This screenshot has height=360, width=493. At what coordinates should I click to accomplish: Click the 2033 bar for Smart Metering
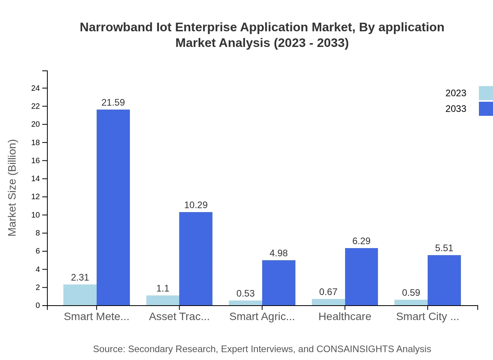tap(113, 207)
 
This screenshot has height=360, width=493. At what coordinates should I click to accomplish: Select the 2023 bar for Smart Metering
tap(80, 295)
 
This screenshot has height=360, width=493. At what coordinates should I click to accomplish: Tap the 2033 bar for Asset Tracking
tap(196, 259)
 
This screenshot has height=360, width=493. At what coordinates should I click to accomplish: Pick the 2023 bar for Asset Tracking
tap(163, 301)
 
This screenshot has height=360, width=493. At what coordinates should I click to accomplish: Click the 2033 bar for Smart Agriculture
tap(279, 283)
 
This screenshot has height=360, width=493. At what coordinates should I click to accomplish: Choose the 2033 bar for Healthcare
tap(361, 277)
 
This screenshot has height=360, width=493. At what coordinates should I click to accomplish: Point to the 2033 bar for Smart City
tap(444, 280)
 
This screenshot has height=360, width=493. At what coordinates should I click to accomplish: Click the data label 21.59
tap(113, 103)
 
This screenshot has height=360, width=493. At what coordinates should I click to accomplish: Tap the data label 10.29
tap(196, 205)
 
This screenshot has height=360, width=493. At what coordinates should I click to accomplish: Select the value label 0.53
tap(246, 293)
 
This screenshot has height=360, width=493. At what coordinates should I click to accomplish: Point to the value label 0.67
tap(328, 292)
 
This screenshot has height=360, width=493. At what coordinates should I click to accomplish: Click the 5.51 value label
tap(444, 248)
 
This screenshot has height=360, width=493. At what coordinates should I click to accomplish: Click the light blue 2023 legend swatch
tap(486, 93)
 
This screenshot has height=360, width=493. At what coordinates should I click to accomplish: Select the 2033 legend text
tap(456, 109)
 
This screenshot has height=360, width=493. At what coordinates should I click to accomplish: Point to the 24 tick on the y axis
tap(36, 88)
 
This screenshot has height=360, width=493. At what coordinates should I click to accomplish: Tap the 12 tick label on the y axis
tap(36, 197)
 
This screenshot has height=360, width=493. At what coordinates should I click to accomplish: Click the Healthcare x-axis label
tap(345, 317)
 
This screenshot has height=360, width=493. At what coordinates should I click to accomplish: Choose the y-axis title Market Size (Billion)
tap(13, 188)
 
